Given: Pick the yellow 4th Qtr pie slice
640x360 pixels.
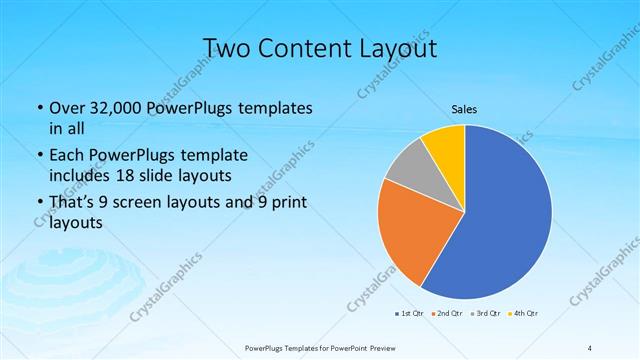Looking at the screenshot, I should (445, 145).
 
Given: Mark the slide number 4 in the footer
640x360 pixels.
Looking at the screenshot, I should (590, 348).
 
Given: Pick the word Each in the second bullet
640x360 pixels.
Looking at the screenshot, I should (67, 155).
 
